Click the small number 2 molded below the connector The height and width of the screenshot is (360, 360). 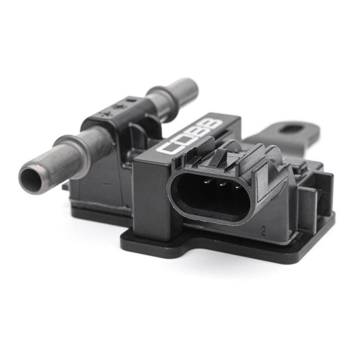point(262,231)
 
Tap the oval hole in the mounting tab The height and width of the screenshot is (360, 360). point(294,130)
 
